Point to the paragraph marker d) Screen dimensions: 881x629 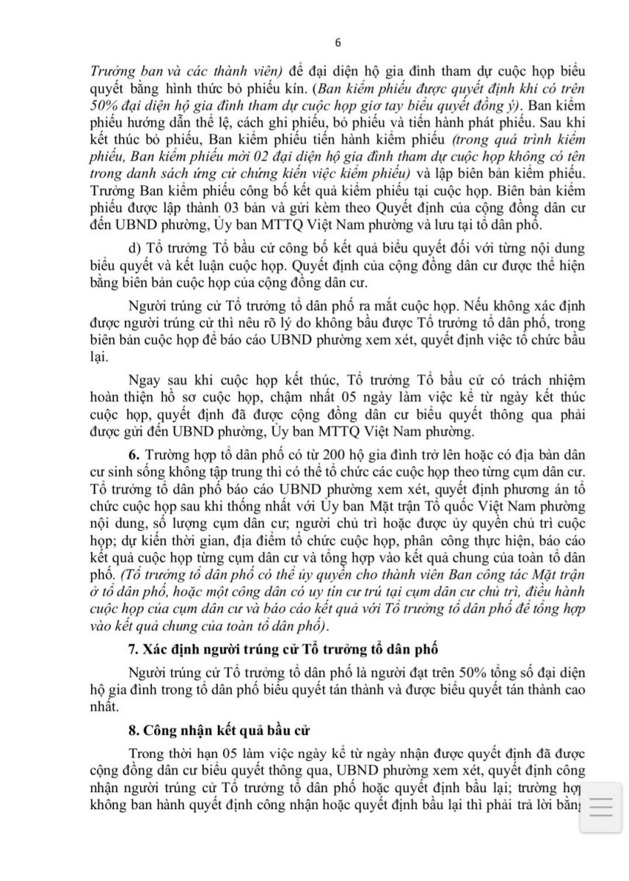(134, 243)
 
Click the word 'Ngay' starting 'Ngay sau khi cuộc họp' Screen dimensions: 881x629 (143, 380)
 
